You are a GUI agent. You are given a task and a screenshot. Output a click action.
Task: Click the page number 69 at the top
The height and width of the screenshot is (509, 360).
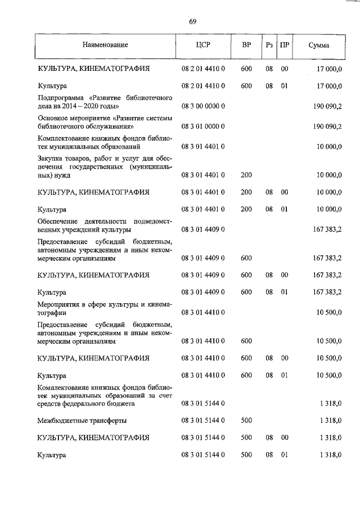point(192,21)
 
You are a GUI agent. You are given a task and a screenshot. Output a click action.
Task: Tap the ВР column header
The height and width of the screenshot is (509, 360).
point(246,45)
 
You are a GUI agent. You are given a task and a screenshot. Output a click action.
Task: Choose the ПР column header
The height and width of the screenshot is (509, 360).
point(285,45)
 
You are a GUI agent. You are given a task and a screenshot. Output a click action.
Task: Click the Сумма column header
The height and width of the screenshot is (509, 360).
point(319,46)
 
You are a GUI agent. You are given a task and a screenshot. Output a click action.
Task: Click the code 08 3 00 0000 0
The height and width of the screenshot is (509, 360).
point(203,105)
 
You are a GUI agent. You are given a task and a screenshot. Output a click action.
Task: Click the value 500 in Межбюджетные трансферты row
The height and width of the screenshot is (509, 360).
point(246,420)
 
